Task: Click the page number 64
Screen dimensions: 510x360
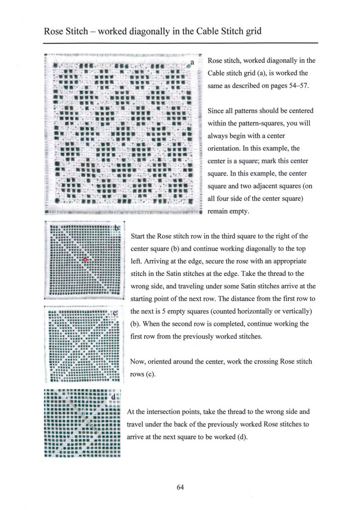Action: tap(180, 487)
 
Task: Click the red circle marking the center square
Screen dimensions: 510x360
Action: tap(85, 259)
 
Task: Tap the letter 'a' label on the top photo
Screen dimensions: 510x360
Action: tap(192, 63)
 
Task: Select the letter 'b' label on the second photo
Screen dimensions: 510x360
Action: tap(117, 228)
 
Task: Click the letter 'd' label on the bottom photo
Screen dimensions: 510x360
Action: tap(114, 397)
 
